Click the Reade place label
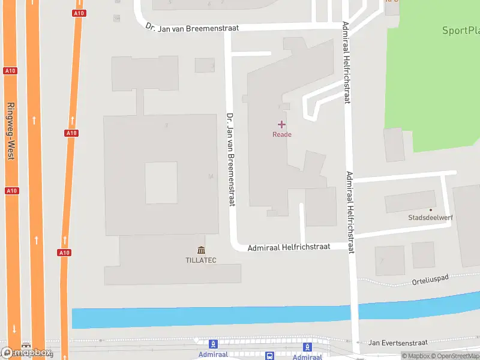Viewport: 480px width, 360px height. [x=282, y=134]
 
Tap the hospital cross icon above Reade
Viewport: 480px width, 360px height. [x=281, y=124]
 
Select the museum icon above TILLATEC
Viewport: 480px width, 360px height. [x=200, y=250]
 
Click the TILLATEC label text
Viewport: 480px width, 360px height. [x=200, y=260]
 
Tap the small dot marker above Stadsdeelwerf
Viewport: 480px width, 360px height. [x=430, y=210]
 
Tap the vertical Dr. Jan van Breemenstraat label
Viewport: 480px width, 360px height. [x=230, y=159]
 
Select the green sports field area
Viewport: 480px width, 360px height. [x=438, y=90]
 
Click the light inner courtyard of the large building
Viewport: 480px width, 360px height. [x=161, y=182]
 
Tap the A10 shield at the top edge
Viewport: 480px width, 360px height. [x=79, y=13]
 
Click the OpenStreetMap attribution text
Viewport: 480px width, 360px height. [x=455, y=356]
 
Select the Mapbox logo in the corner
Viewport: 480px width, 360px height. [x=27, y=353]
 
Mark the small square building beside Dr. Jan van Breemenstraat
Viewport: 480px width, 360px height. [x=205, y=65]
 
